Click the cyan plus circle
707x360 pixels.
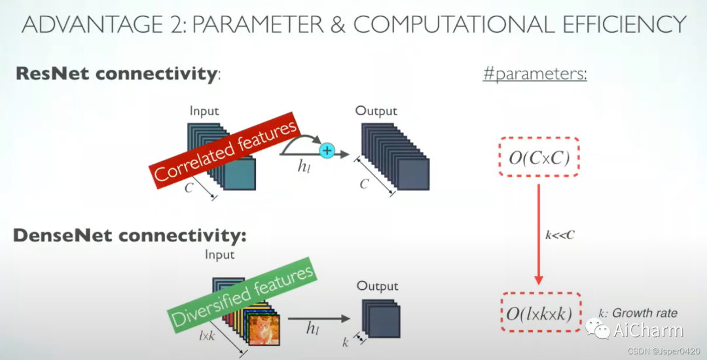(327, 151)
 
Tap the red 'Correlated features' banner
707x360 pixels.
(224, 151)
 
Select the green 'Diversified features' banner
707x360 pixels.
(242, 295)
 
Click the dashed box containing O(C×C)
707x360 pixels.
(539, 157)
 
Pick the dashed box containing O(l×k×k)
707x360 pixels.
(541, 312)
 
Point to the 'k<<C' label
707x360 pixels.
(560, 235)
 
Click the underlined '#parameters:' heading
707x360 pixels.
(535, 73)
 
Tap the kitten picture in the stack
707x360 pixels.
(264, 330)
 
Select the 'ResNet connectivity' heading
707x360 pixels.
(117, 73)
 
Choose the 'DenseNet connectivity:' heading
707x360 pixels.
(130, 235)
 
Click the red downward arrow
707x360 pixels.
(538, 234)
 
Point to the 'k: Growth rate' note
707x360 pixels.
(638, 313)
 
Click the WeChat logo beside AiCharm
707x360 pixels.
(597, 329)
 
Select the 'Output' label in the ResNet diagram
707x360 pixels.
(376, 111)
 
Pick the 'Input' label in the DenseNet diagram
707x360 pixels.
(219, 255)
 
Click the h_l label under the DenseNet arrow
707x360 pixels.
(312, 329)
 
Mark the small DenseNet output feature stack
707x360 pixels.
(381, 319)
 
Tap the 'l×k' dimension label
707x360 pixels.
(207, 336)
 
